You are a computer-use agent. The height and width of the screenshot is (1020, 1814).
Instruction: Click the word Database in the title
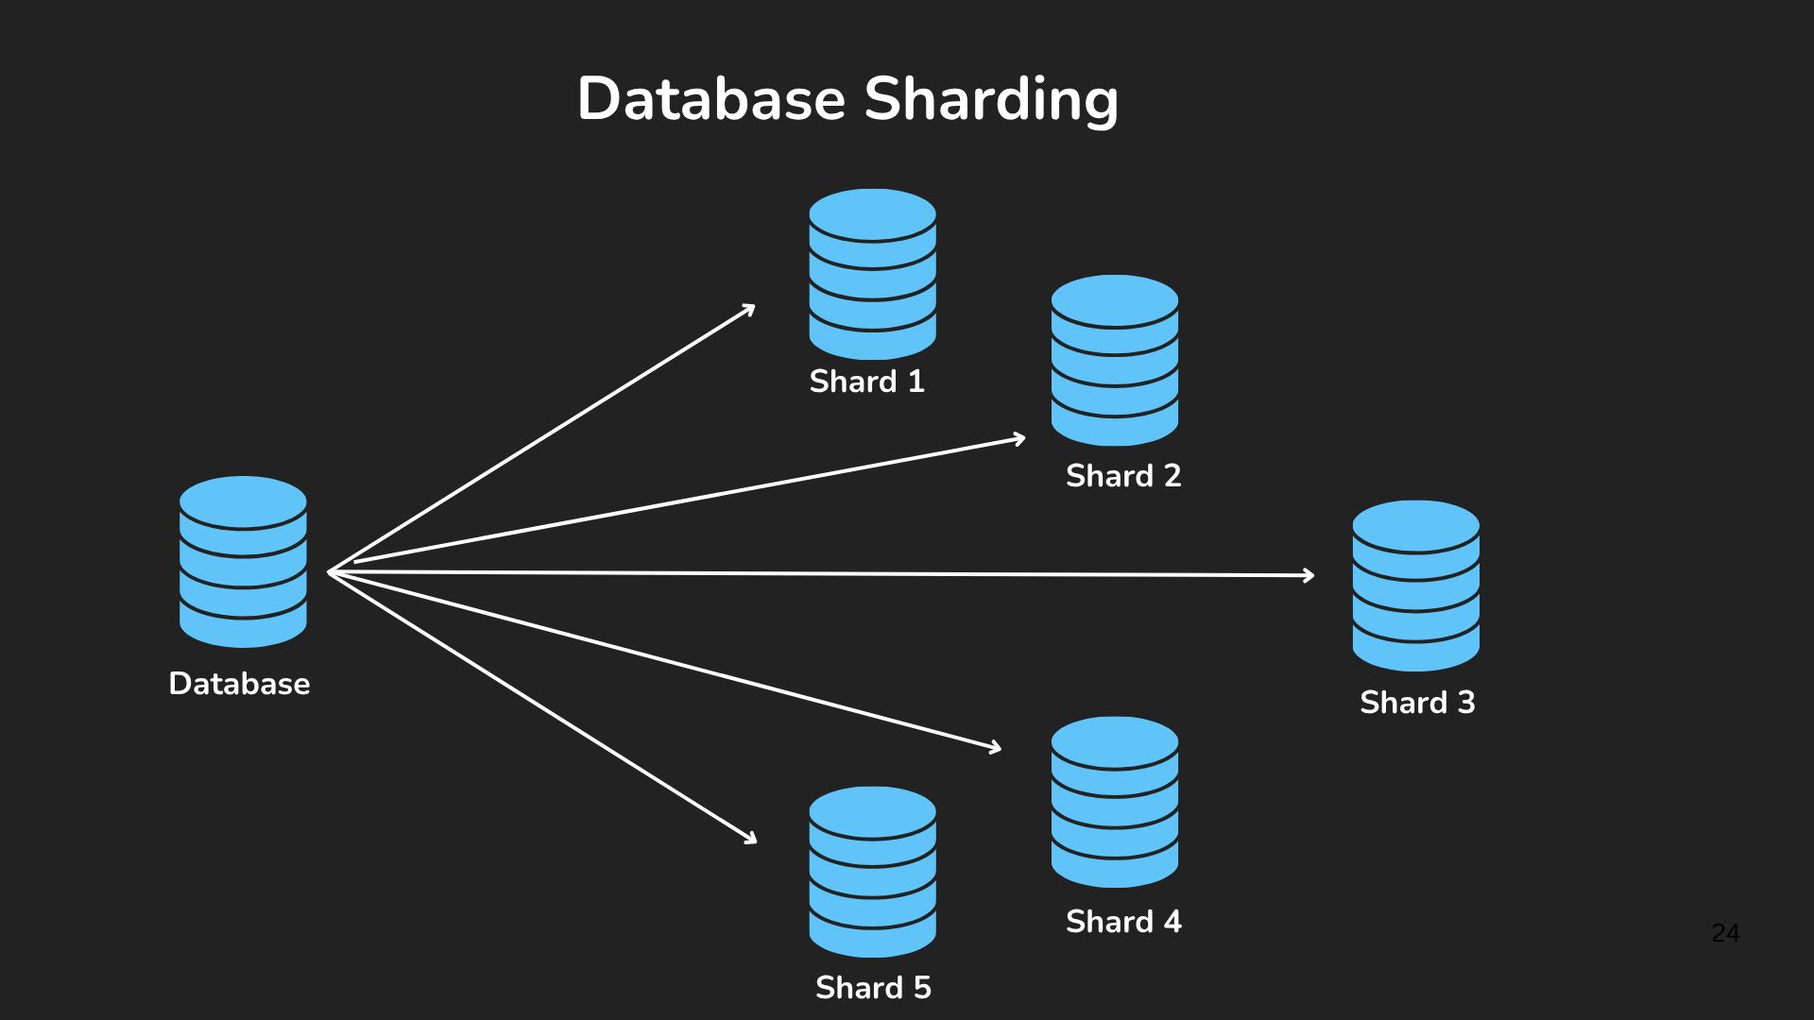(x=710, y=98)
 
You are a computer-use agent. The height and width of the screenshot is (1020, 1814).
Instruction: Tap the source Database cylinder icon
(x=243, y=561)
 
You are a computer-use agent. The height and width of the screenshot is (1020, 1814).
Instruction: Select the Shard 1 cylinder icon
(x=872, y=274)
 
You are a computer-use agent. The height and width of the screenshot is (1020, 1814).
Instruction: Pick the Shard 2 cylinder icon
(x=1115, y=360)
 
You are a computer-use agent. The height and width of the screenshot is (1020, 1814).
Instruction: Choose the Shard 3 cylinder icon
(x=1415, y=586)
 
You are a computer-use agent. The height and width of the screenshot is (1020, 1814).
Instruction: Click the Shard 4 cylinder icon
(x=1115, y=802)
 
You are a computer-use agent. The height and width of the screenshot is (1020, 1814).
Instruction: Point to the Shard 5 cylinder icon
(x=872, y=872)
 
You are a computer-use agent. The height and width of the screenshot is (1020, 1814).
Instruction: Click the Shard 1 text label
(x=866, y=381)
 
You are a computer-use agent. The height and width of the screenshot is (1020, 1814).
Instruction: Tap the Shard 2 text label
(x=1123, y=475)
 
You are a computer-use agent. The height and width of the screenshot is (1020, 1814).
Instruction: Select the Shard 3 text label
(x=1417, y=702)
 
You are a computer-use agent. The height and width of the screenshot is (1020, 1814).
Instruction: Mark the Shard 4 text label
(x=1123, y=921)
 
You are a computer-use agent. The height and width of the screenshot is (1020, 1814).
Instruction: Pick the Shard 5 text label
(x=873, y=987)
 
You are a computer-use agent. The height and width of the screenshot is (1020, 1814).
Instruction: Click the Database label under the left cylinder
(x=239, y=683)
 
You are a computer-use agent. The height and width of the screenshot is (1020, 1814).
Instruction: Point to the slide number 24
(x=1725, y=933)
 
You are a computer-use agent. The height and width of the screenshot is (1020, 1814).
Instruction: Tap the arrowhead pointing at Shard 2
(x=1020, y=438)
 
